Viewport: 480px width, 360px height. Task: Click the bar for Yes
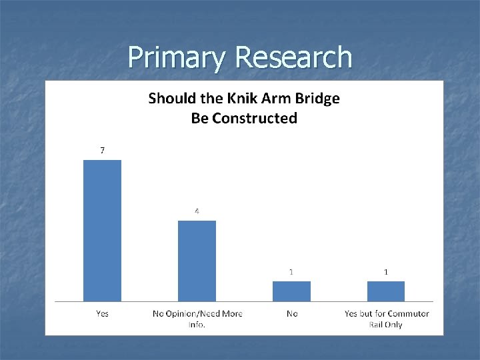tap(102, 230)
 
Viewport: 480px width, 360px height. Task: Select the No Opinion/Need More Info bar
tap(197, 261)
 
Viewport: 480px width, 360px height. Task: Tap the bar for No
tap(291, 291)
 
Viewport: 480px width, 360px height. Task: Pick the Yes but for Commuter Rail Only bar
tap(386, 291)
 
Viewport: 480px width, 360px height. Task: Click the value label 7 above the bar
tap(102, 151)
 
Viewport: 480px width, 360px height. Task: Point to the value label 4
tap(197, 211)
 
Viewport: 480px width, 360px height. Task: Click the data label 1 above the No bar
tap(291, 272)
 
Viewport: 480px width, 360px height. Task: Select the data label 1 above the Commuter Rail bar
tap(386, 272)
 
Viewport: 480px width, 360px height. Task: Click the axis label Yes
tap(102, 313)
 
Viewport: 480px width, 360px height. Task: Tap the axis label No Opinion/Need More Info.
tap(197, 319)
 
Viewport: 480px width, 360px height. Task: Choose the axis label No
tap(291, 313)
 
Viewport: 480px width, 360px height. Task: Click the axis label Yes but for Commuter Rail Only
tap(386, 319)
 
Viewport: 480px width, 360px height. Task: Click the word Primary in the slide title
tap(177, 58)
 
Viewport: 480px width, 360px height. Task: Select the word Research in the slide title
tap(293, 57)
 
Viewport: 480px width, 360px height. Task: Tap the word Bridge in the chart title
tap(316, 99)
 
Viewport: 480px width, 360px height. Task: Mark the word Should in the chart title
tap(171, 99)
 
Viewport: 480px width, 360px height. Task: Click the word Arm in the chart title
tap(273, 99)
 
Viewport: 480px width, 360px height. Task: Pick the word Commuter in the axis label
tap(408, 313)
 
